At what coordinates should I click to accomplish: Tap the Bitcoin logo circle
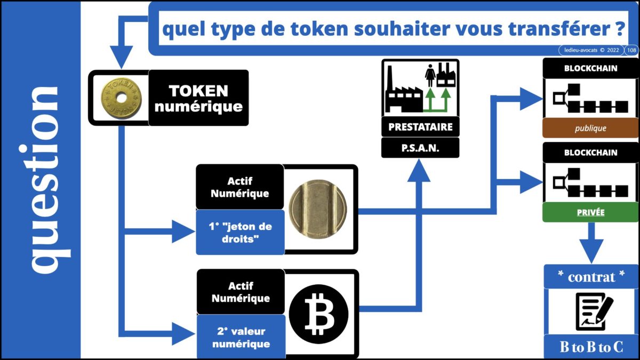[318, 314]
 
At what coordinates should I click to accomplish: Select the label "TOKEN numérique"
[198, 98]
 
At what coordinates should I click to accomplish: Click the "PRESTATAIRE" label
[420, 127]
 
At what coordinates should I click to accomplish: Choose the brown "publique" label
[590, 129]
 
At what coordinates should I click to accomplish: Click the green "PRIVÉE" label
[590, 212]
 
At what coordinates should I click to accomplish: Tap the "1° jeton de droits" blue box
[240, 232]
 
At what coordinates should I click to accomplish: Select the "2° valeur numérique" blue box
[241, 338]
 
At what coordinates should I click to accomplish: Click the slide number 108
[631, 50]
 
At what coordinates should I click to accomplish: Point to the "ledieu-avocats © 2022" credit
[589, 50]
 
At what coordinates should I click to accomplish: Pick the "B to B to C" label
[591, 347]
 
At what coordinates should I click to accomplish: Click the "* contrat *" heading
[591, 277]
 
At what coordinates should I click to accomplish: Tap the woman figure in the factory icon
[430, 77]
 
